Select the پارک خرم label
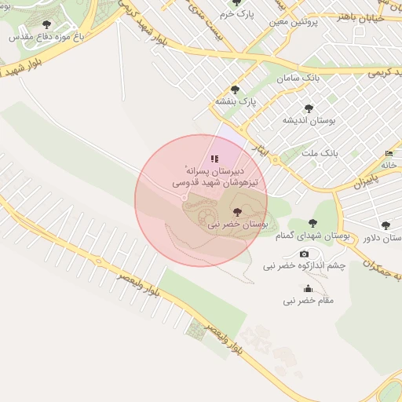click(238, 14)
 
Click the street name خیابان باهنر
click(359, 16)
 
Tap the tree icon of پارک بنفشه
click(234, 90)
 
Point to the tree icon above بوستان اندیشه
click(309, 109)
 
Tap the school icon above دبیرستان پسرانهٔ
click(215, 159)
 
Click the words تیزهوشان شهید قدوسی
click(221, 183)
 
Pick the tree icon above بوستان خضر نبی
click(237, 212)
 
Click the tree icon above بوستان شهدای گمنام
click(313, 223)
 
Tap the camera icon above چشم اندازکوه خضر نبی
click(305, 254)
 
